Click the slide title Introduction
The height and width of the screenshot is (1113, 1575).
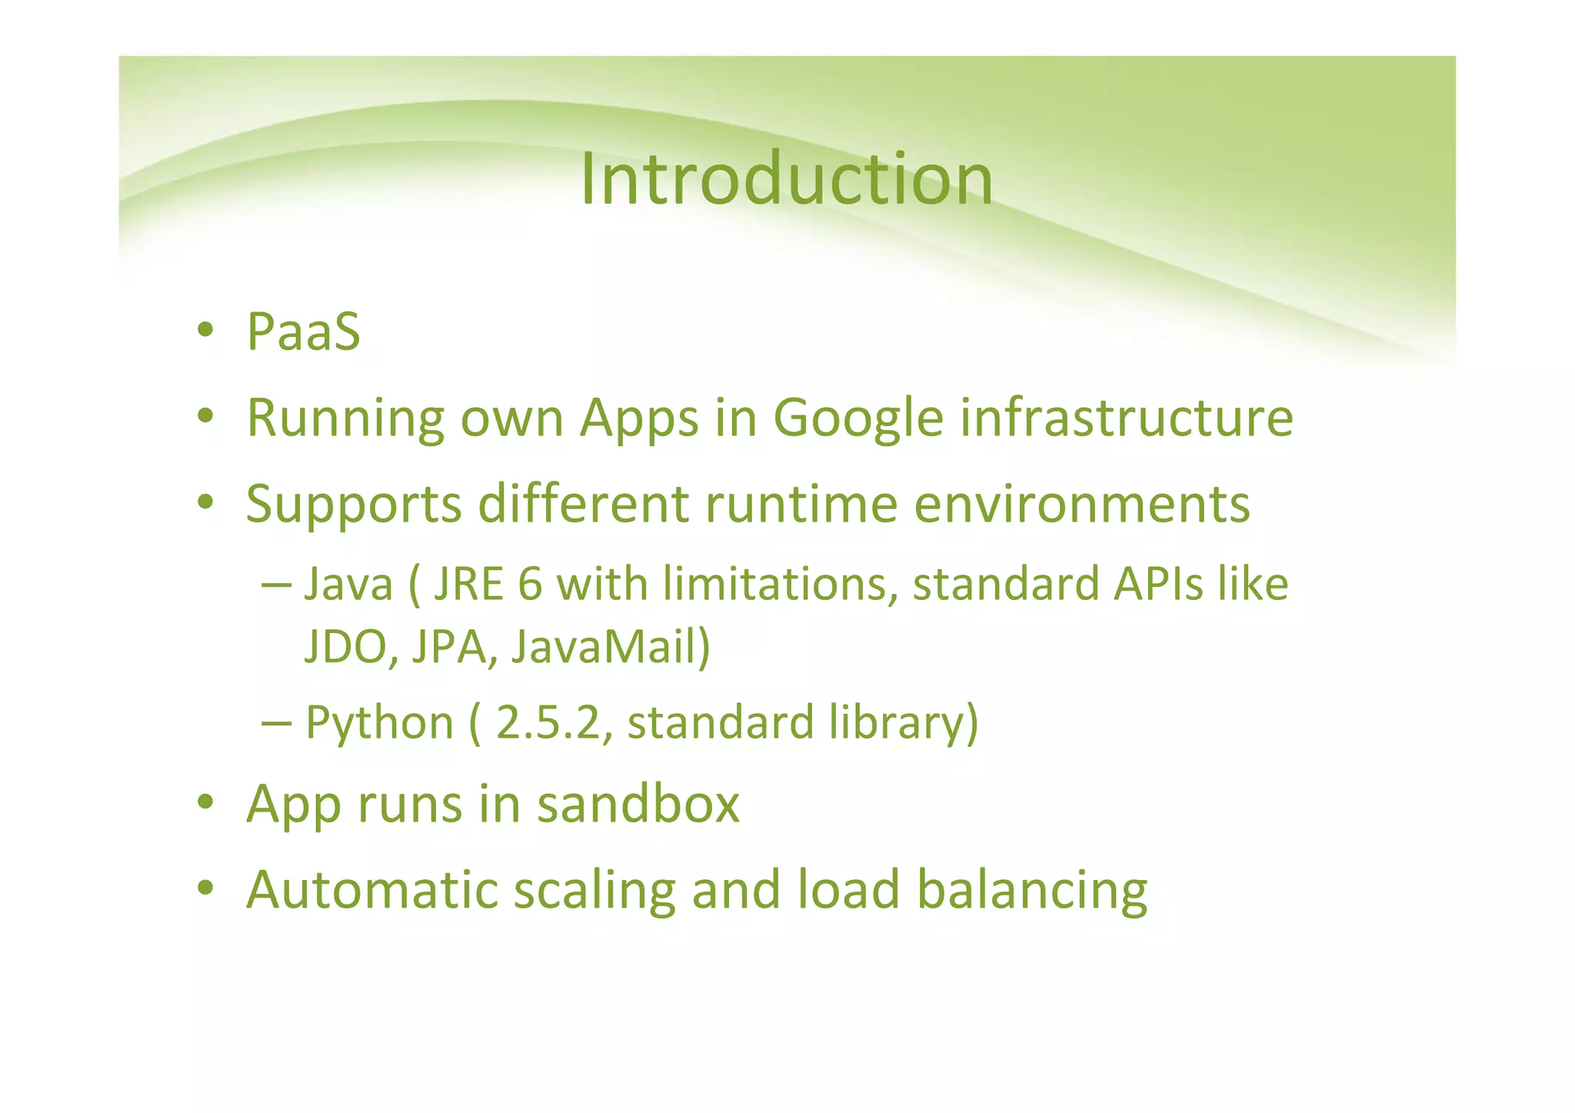786,179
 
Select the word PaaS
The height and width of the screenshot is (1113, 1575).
303,332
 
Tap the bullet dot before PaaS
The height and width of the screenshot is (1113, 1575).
205,331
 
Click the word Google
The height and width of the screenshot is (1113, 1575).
857,419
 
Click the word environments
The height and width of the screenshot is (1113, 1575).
1082,505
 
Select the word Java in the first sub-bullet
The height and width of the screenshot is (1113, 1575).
348,584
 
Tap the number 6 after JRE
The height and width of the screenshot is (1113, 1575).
530,584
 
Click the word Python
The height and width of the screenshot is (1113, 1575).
379,724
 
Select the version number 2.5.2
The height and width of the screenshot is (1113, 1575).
548,724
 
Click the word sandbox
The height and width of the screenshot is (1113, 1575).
638,804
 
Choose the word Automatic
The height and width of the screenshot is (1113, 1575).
371,889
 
